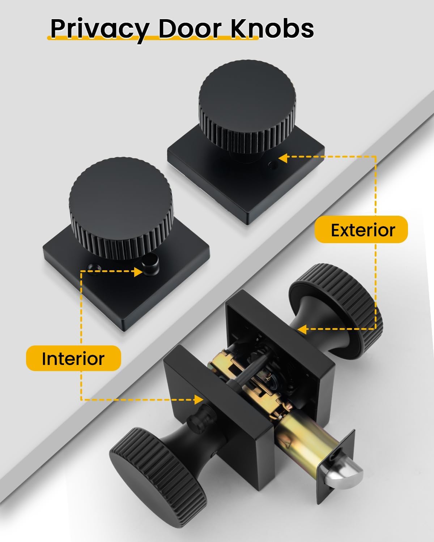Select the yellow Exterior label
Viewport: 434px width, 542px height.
tap(361, 230)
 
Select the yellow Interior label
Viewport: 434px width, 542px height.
tap(73, 358)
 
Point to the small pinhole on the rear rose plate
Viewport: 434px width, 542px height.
tap(271, 165)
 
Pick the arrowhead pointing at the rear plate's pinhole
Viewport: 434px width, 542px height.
tap(283, 158)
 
